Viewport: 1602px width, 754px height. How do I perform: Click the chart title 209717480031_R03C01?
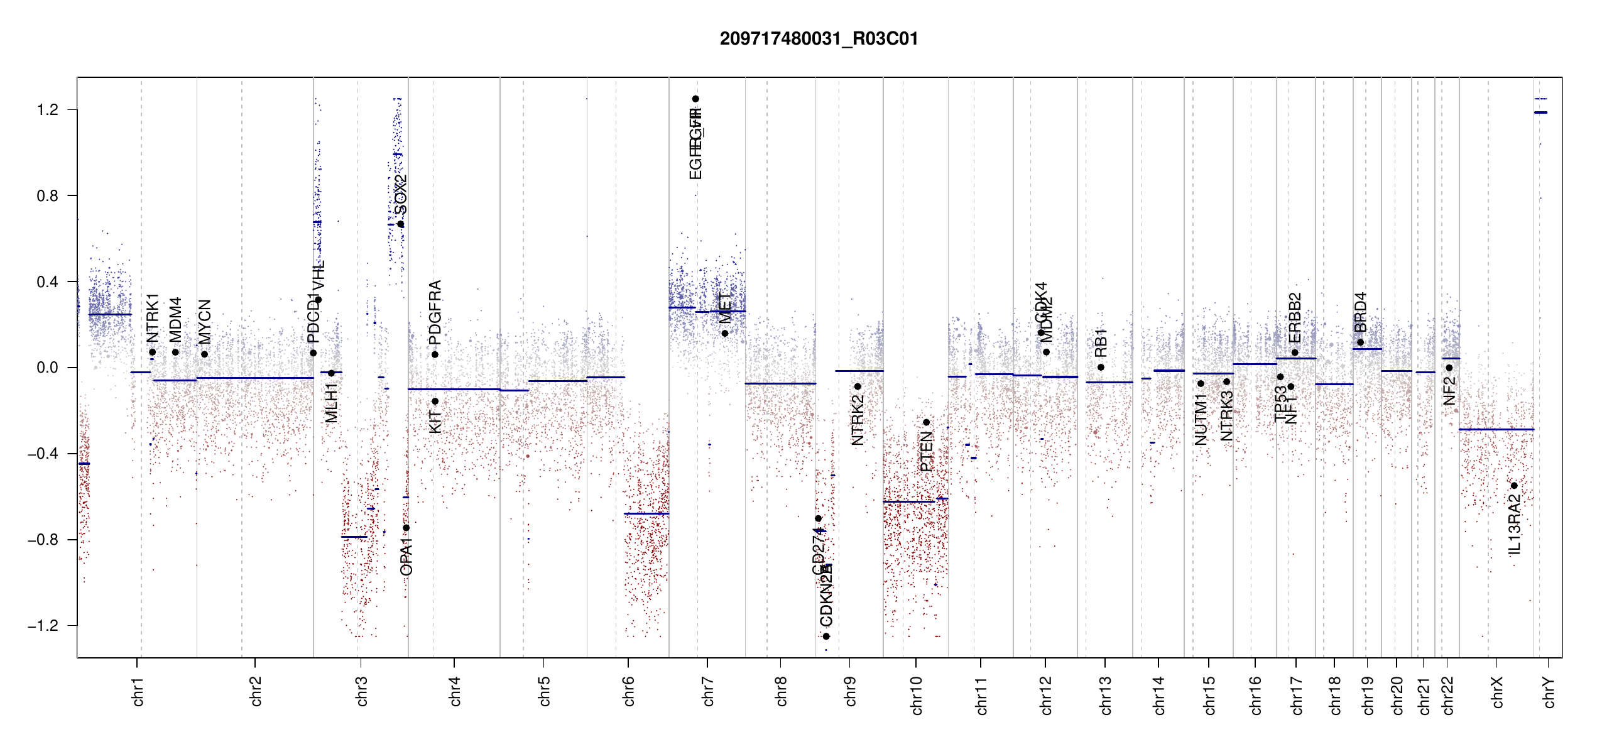[819, 39]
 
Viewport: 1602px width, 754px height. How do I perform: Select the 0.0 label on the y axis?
[47, 368]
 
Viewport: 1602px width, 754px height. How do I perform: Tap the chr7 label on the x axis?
[708, 691]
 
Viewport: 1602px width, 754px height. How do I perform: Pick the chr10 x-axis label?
[916, 695]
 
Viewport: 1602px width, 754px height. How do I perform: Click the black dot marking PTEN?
[926, 422]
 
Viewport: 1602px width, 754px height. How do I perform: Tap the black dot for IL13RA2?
[1514, 486]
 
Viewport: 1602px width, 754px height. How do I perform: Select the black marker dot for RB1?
[1101, 368]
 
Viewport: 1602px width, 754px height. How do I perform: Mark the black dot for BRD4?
[1360, 342]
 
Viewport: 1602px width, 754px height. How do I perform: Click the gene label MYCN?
[204, 322]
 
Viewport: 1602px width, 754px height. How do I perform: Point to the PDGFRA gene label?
[435, 312]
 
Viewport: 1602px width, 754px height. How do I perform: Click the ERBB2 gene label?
[1295, 317]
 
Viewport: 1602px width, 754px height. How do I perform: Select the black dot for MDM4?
[175, 352]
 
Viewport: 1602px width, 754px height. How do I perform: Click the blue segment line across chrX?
[1496, 430]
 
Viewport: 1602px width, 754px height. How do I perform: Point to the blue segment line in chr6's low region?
[646, 514]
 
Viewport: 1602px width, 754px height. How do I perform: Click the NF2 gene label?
[1449, 391]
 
